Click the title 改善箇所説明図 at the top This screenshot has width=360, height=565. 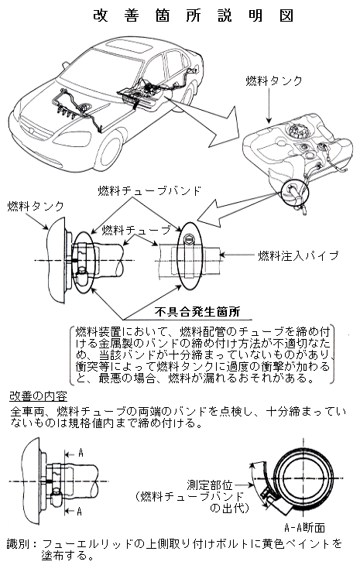[193, 15]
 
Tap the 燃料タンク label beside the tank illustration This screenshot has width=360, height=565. [274, 80]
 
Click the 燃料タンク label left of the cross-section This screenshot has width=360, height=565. [36, 206]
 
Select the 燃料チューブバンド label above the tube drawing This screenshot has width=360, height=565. [149, 190]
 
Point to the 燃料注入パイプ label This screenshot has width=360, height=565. [299, 255]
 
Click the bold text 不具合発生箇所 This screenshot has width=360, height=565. [197, 311]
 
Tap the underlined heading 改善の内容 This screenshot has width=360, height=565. [38, 396]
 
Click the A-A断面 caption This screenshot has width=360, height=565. [304, 528]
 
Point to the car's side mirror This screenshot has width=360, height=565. [65, 65]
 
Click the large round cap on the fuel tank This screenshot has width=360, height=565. [297, 131]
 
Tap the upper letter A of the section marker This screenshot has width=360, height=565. [81, 453]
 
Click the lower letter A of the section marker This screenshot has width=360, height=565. [79, 511]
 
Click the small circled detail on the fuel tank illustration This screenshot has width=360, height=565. [296, 192]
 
